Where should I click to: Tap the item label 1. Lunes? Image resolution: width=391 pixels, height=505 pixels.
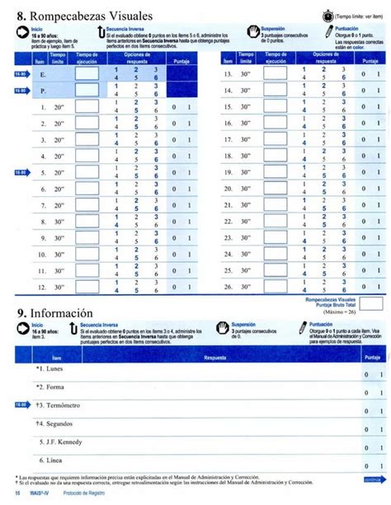(x=51, y=370)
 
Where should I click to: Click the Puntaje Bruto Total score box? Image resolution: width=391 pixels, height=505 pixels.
(x=372, y=303)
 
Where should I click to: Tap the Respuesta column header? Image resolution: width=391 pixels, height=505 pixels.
(x=215, y=358)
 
